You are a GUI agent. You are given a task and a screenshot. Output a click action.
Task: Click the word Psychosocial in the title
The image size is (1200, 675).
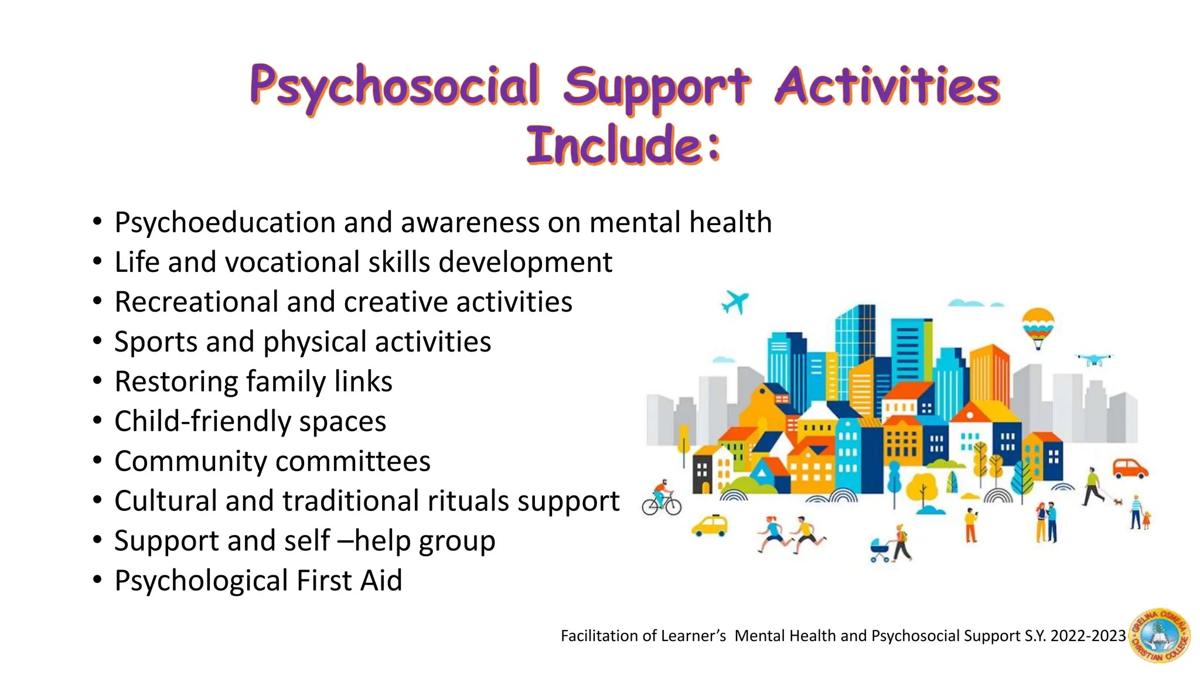click(394, 87)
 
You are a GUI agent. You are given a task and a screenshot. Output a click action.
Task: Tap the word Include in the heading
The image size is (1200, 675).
click(614, 145)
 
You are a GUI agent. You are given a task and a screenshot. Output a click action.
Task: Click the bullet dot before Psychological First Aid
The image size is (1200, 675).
click(97, 580)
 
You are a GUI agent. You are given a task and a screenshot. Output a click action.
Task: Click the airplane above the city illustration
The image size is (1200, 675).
click(735, 302)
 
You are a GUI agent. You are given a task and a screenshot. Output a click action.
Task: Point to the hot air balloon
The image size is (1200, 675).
click(1038, 327)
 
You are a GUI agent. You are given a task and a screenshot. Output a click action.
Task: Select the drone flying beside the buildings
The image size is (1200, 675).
click(1093, 359)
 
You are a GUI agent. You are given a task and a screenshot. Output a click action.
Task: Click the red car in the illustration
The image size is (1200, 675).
click(1130, 469)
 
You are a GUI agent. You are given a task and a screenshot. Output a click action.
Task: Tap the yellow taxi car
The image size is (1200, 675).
click(710, 525)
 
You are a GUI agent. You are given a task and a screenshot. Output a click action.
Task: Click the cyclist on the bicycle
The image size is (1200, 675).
click(662, 499)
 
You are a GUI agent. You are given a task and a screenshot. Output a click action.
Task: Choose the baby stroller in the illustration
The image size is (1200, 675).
click(880, 550)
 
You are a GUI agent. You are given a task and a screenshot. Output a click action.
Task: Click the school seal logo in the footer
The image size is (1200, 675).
click(1160, 635)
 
